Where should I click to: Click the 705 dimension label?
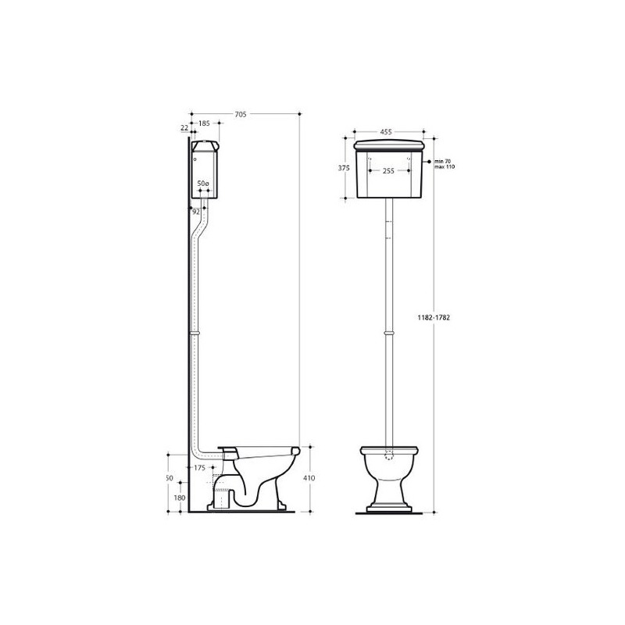coord(241,114)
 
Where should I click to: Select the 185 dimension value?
coord(204,123)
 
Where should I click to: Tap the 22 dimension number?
coord(184,128)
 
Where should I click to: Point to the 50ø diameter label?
coord(203,184)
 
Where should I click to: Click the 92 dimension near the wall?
coord(196,212)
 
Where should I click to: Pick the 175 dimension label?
coord(199,467)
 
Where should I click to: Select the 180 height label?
coord(180,498)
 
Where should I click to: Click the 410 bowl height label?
coord(309,477)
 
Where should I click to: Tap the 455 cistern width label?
coord(386,132)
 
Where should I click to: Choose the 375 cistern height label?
coord(344,168)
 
